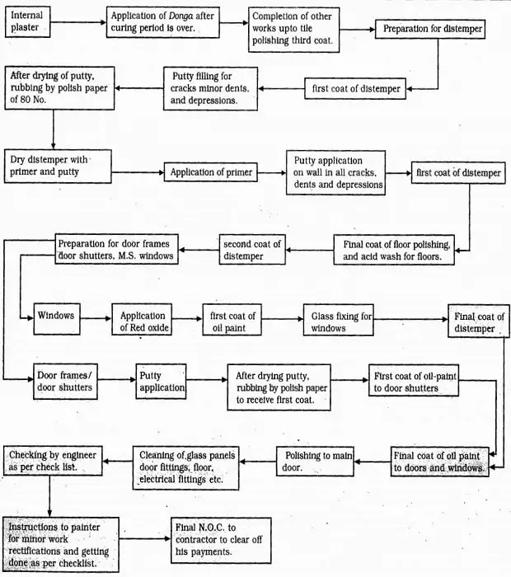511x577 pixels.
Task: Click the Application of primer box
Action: pos(212,172)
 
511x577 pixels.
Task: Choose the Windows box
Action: pos(56,316)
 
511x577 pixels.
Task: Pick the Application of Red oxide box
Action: pos(143,321)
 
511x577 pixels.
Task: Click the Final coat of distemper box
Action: pos(478,322)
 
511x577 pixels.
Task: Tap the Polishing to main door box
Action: pos(320,462)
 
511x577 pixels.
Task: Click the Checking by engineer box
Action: pos(53,460)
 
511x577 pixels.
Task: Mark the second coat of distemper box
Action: pos(252,250)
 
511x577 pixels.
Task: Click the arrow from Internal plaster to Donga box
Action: pos(80,24)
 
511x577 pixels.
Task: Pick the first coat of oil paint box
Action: pos(232,321)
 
